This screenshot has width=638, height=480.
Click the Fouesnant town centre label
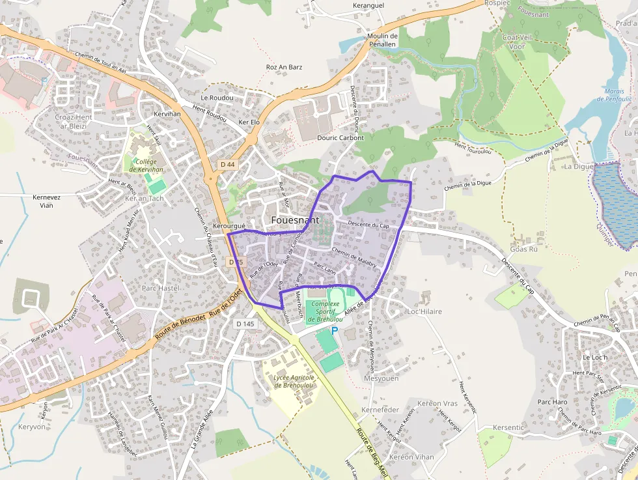tap(295, 220)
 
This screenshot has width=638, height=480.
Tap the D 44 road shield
tap(227, 165)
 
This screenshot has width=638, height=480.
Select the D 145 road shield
tap(245, 324)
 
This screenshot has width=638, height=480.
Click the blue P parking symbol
tap(335, 331)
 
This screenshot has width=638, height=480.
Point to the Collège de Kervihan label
tap(146, 165)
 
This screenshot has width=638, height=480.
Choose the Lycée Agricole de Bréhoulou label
tap(294, 381)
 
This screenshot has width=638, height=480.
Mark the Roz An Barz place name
tap(284, 67)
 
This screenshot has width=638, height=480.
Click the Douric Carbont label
tap(340, 137)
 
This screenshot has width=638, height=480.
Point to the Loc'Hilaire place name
tap(424, 311)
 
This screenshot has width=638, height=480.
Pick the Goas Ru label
tap(524, 249)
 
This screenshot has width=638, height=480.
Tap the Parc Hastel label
tap(160, 287)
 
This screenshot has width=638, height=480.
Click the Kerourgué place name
tap(229, 226)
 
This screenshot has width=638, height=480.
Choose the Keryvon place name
tap(33, 427)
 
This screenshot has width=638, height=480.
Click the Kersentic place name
tap(508, 427)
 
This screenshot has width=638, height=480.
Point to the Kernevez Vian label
tap(46, 201)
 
